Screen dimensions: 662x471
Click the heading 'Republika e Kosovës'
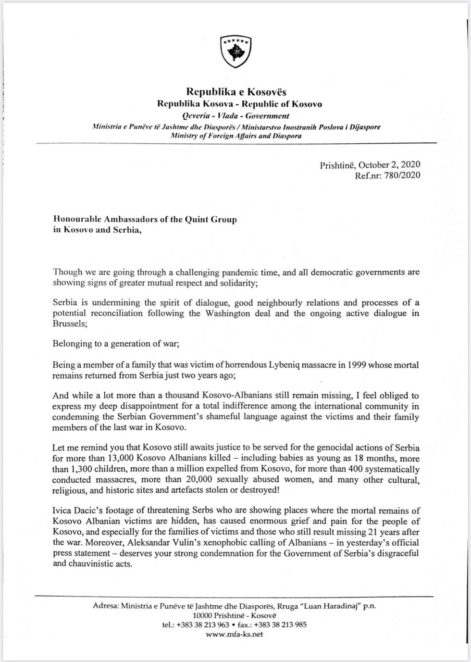click(x=236, y=92)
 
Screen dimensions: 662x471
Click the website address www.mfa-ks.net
click(x=234, y=634)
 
